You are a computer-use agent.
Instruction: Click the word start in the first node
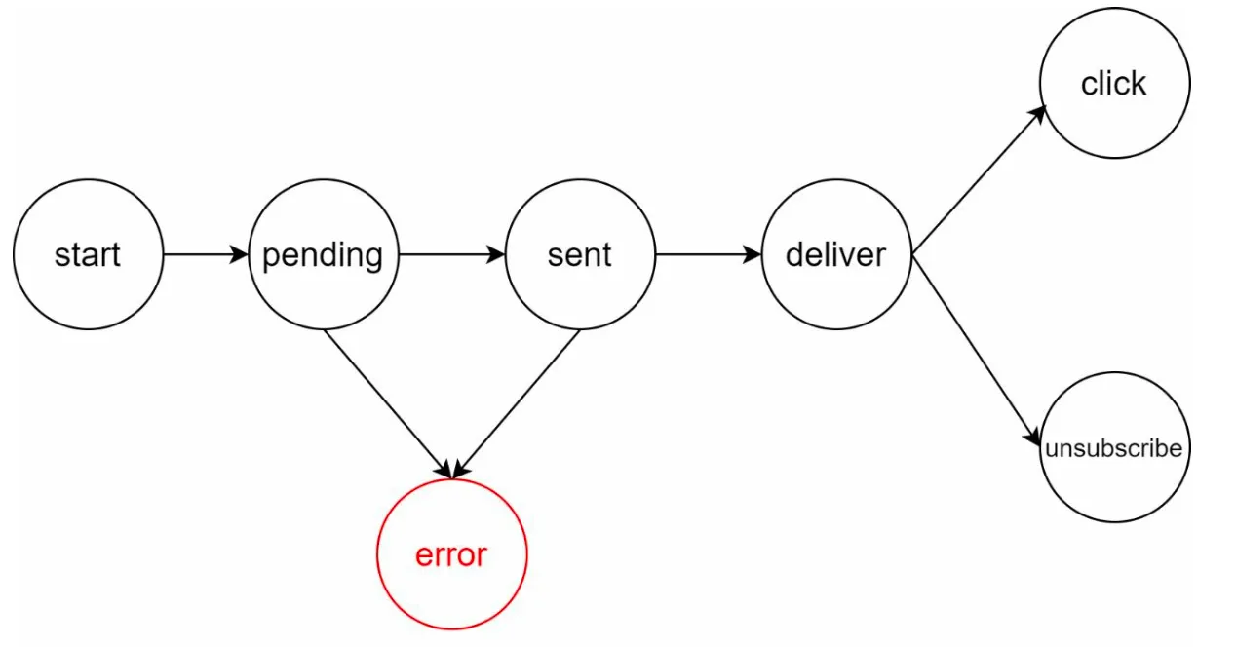pos(87,255)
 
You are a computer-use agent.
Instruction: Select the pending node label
pos(323,256)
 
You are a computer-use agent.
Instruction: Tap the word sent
pos(579,255)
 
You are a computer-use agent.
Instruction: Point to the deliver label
pos(835,255)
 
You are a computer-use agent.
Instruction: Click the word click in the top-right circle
pos(1113,84)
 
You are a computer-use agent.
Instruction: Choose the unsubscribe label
pos(1114,448)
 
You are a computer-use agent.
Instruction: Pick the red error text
pos(451,554)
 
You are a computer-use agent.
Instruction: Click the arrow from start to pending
pos(206,255)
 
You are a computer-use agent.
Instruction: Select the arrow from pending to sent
pos(451,255)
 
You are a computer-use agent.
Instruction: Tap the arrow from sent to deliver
pos(709,255)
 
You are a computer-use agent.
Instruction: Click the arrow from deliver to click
pos(980,180)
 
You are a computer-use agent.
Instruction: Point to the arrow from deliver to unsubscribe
pos(976,351)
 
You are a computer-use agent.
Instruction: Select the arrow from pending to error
pos(388,404)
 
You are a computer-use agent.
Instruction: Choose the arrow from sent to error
pos(516,404)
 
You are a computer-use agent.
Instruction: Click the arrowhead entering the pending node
pos(239,255)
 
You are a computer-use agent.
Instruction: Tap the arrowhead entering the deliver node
pos(753,255)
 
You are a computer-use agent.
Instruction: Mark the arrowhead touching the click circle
pos(1038,115)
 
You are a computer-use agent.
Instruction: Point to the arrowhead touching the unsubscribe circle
pos(1033,437)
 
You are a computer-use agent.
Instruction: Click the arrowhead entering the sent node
pos(495,255)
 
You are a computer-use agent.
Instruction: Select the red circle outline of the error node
pos(377,554)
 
